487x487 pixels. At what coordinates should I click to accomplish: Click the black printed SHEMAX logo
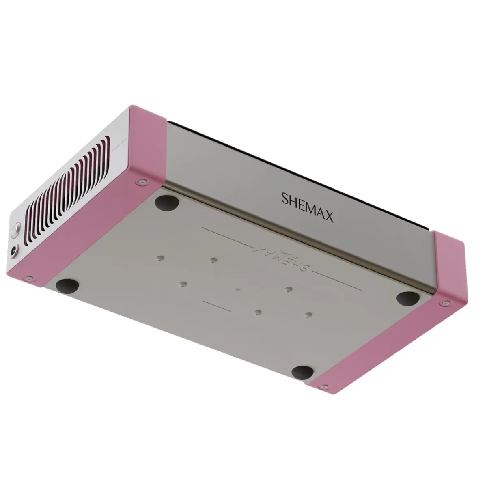point(307,207)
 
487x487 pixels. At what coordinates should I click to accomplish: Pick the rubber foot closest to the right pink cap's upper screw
point(408,298)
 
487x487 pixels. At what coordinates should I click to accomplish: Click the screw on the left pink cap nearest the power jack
point(29,279)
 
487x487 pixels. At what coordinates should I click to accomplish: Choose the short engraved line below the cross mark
point(217,305)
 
